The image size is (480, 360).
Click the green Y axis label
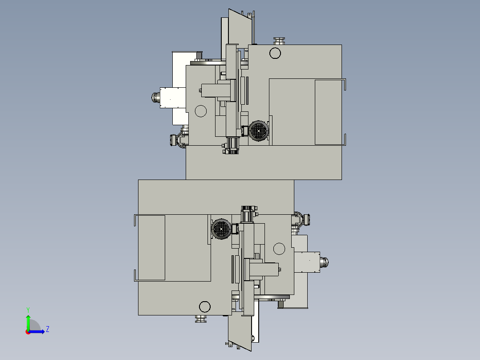28,310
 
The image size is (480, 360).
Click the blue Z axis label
48,329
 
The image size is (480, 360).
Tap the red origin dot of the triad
28,332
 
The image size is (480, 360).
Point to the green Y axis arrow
28,323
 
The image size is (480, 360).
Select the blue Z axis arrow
37,331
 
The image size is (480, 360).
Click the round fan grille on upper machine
259,131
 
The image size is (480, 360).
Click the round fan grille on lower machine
221,229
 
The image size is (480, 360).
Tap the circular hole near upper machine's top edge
275,53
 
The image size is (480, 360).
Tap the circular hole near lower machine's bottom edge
205,307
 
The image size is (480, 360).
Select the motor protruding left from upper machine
156,98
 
